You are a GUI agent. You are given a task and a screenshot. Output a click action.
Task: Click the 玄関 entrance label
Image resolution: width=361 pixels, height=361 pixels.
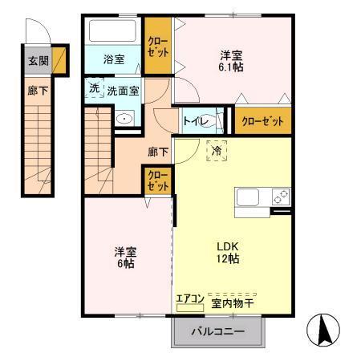pyautogui.click(x=38, y=60)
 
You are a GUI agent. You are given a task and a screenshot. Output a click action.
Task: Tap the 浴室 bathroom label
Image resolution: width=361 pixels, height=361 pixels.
pyautogui.click(x=114, y=59)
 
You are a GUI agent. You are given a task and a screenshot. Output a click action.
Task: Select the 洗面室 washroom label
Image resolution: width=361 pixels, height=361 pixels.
pyautogui.click(x=124, y=90)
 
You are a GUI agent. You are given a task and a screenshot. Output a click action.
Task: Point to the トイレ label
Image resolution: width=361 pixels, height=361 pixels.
pyautogui.click(x=196, y=121)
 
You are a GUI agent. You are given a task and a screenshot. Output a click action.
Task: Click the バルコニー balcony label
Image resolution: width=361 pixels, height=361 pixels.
pyautogui.click(x=217, y=331)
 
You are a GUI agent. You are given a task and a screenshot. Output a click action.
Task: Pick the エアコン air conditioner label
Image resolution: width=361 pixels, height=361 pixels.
pyautogui.click(x=191, y=303)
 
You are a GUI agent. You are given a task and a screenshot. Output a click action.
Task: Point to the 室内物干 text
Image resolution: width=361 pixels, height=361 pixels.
pyautogui.click(x=233, y=304)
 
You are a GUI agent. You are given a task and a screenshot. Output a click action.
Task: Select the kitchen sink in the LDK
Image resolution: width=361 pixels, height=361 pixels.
pyautogui.click(x=247, y=197)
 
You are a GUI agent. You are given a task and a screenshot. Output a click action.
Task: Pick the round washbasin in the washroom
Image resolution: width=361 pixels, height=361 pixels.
pyautogui.click(x=125, y=120)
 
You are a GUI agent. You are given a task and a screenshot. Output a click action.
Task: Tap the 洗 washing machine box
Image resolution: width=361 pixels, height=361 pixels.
pyautogui.click(x=95, y=88)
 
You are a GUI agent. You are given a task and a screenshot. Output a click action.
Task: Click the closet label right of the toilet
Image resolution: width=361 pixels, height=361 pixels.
pyautogui.click(x=262, y=121)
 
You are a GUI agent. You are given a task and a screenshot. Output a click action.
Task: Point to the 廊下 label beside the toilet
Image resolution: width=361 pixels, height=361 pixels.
pyautogui.click(x=157, y=151)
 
